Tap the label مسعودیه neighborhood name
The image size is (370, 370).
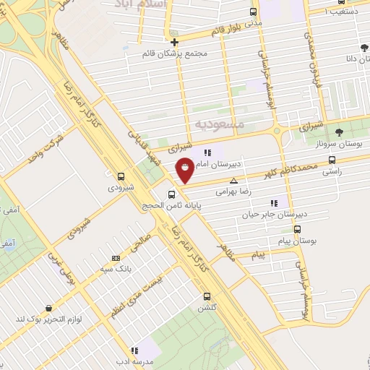pos(220,125)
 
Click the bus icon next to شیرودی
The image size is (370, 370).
pos(120,176)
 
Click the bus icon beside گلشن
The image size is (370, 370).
pos(207,296)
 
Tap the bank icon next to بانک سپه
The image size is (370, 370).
pos(116,258)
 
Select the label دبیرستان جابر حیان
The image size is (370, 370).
pos(274,215)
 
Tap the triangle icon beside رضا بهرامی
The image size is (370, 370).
pos(233,181)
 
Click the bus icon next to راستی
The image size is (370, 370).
pos(332,160)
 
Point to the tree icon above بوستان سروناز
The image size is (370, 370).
pos(339,131)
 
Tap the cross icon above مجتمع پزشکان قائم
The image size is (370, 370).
pos(174,42)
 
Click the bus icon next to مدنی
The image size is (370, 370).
pos(253,12)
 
